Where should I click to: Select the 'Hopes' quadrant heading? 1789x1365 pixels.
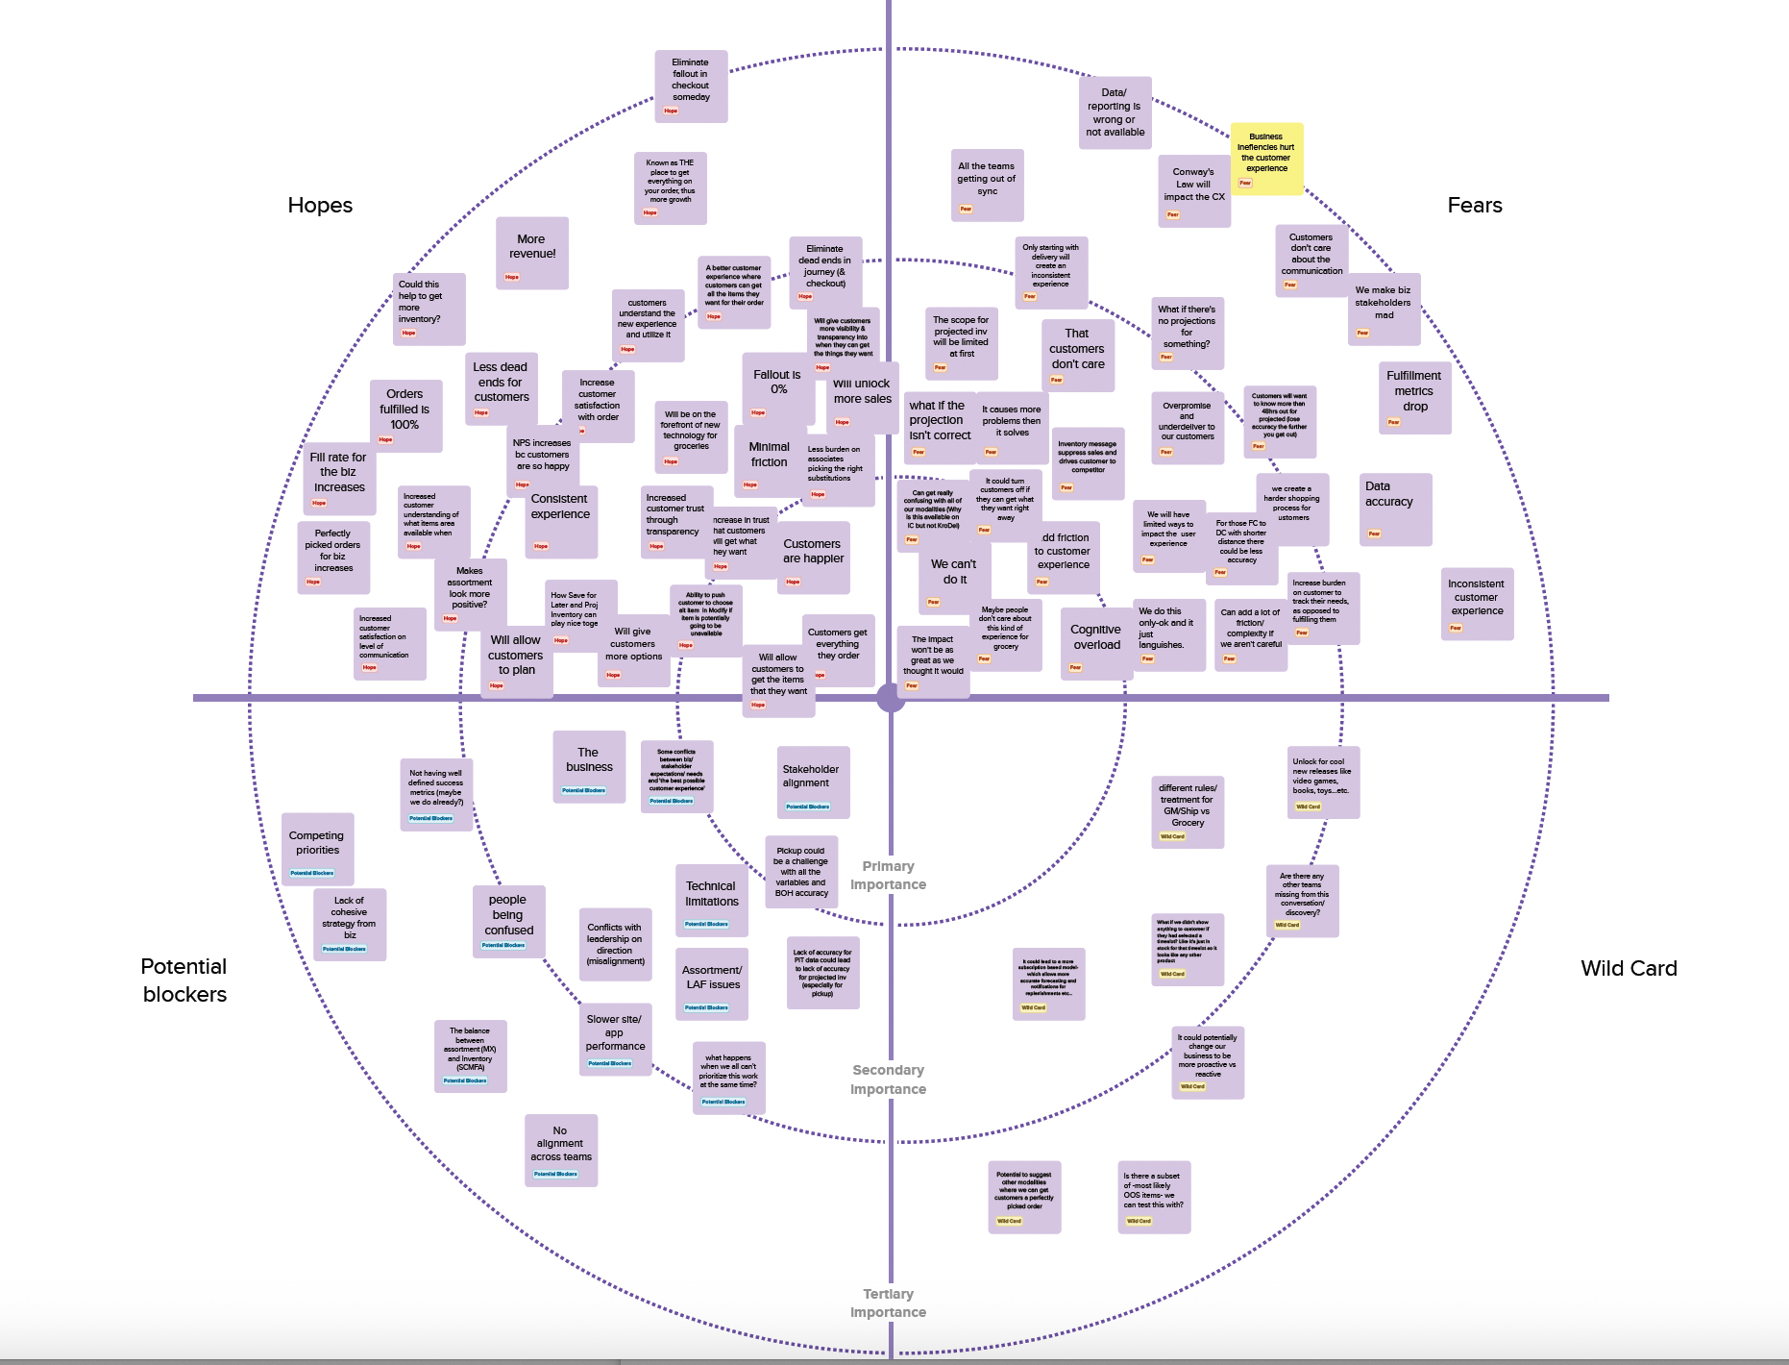point(320,206)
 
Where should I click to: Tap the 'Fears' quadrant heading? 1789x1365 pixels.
point(1474,206)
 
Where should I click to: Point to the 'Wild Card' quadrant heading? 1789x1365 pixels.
point(1629,969)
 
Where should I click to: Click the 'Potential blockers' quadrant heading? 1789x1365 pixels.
point(184,980)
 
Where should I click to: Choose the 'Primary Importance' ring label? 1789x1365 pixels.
point(888,876)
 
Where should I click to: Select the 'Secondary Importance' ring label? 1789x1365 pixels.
point(888,1080)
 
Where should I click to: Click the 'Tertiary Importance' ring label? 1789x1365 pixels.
point(888,1303)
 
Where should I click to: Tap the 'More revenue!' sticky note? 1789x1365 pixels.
point(532,253)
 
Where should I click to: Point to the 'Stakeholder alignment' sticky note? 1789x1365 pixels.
point(813,782)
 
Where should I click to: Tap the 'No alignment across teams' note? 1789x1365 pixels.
point(561,1150)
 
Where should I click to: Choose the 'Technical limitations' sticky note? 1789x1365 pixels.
point(712,900)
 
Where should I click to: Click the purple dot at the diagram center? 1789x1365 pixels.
point(891,698)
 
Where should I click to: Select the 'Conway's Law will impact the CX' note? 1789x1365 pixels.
point(1194,190)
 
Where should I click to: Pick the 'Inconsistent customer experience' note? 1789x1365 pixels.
point(1477,603)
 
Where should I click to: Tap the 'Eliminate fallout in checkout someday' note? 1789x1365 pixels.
point(691,86)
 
